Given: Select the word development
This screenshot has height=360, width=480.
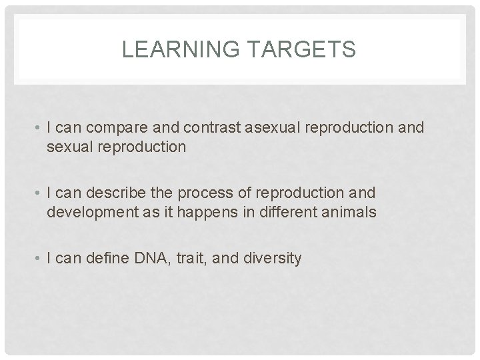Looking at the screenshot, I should (90, 212).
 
